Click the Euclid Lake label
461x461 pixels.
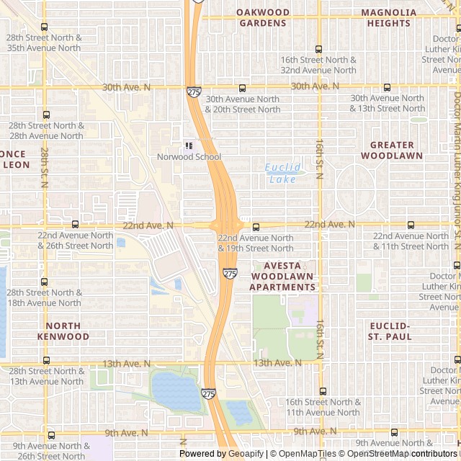282,173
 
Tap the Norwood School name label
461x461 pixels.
189,156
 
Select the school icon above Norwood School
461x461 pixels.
189,146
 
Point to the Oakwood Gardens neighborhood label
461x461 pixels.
263,17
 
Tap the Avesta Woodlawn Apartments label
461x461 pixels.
282,276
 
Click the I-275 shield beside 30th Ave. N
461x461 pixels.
194,91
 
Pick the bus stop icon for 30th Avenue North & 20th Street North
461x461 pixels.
242,88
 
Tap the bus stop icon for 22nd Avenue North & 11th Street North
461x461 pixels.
411,225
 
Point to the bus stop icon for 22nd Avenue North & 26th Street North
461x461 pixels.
76,225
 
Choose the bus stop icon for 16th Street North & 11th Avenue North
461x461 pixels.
322,392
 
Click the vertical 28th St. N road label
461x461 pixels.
44,168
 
